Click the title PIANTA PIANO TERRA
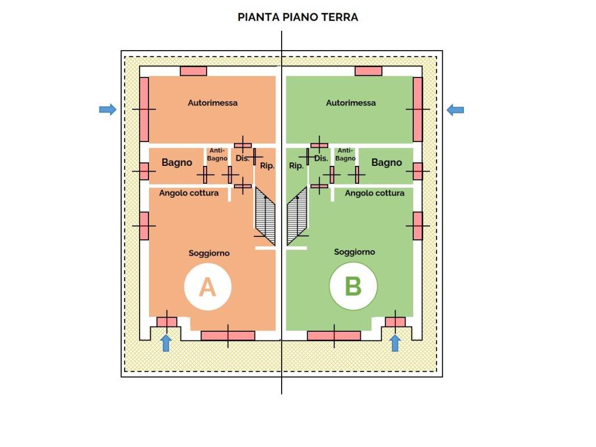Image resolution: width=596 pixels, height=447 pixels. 297,17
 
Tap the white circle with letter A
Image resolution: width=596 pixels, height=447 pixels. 208,287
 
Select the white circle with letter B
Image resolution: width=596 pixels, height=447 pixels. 353,286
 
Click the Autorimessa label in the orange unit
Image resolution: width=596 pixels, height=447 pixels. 212,102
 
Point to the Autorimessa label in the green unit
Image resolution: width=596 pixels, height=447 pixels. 351,102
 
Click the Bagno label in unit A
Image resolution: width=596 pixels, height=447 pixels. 177,163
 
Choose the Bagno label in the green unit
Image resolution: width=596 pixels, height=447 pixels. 386,163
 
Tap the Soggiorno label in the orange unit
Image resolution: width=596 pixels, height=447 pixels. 209,253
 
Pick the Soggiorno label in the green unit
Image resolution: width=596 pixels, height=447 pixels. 354,252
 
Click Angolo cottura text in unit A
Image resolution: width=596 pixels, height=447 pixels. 189,193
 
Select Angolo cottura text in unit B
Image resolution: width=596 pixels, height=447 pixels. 375,193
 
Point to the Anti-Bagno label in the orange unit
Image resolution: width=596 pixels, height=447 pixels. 217,154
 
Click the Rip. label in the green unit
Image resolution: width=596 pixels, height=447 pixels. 296,166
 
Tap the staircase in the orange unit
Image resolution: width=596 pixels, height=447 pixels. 265,215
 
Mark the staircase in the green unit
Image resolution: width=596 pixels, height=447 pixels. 297,215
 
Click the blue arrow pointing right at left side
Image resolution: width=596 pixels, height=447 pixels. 108,109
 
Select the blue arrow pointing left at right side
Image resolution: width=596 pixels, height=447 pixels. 455,110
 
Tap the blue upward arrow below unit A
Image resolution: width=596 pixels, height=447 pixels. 166,343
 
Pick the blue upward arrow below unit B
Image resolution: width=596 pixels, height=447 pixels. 395,343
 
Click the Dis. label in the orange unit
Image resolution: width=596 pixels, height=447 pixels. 243,158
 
